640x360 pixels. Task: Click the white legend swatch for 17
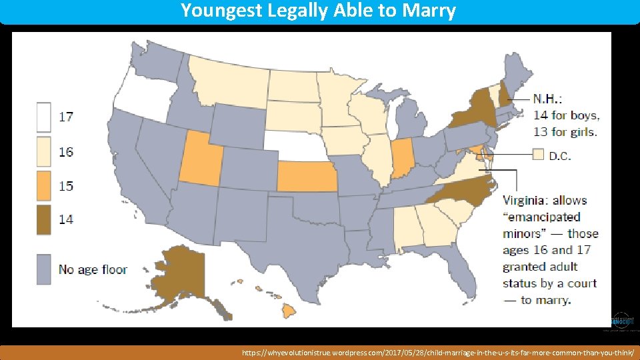45,117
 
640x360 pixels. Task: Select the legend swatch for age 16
45,152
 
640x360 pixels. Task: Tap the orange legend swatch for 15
45,185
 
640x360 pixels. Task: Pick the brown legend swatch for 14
45,219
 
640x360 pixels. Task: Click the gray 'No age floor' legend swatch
45,269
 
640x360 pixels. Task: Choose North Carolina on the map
467,188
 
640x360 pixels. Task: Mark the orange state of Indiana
401,159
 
